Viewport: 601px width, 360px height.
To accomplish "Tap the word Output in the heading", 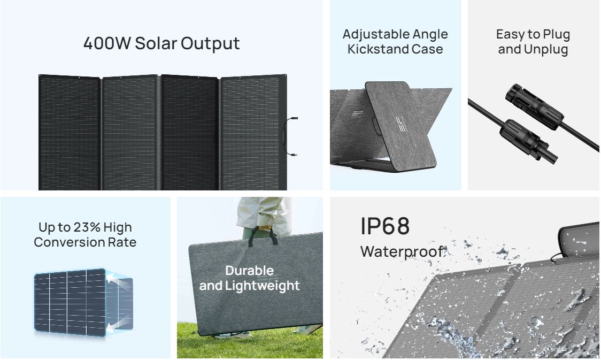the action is tap(210, 43).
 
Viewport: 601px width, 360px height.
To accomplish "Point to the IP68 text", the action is tap(385, 226).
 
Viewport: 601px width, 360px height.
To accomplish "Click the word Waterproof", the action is tap(402, 252).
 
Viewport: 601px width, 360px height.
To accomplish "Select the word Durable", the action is tap(250, 271).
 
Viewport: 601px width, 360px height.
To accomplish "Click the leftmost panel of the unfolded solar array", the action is tap(70, 132).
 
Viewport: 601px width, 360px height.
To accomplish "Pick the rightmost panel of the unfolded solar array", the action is tap(253, 132).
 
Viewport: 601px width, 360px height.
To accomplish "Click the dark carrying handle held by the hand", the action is tap(263, 236).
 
